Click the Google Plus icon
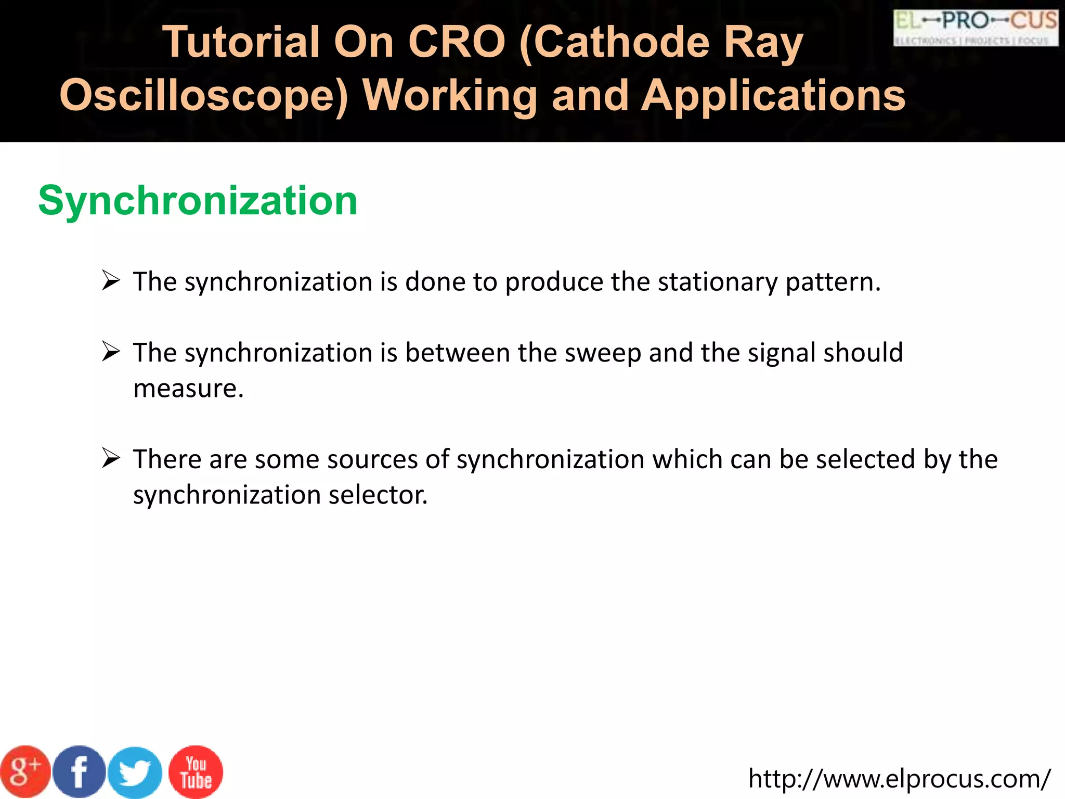(25, 772)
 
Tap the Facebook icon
(80, 772)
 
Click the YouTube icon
(196, 772)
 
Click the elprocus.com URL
(899, 779)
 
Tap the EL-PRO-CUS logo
(976, 28)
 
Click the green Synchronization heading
(198, 201)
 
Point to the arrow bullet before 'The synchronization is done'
(111, 281)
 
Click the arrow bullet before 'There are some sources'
(111, 458)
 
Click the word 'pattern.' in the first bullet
(833, 282)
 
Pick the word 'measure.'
(188, 389)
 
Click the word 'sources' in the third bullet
(372, 459)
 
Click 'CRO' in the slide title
(456, 42)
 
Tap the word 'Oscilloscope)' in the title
(204, 96)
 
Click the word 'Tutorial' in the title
(241, 42)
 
